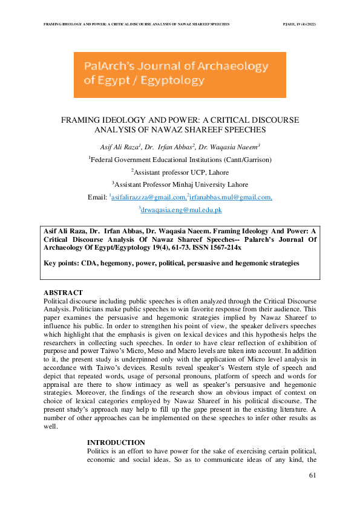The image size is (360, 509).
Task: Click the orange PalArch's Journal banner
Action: pyautogui.click(x=180, y=75)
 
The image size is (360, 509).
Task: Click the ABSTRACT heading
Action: pyautogui.click(x=63, y=293)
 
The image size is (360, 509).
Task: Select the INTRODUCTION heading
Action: pyautogui.click(x=116, y=443)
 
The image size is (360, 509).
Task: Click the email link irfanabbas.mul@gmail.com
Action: pyautogui.click(x=231, y=198)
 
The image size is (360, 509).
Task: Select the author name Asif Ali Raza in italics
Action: pyautogui.click(x=119, y=147)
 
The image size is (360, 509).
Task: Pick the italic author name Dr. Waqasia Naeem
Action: pyautogui.click(x=232, y=147)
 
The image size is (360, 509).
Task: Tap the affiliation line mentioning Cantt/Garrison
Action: pyautogui.click(x=180, y=160)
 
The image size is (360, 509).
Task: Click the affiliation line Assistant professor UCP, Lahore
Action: pyautogui.click(x=180, y=172)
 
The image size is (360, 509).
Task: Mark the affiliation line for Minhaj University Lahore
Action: pyautogui.click(x=180, y=185)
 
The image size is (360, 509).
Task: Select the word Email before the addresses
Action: pyautogui.click(x=97, y=198)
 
